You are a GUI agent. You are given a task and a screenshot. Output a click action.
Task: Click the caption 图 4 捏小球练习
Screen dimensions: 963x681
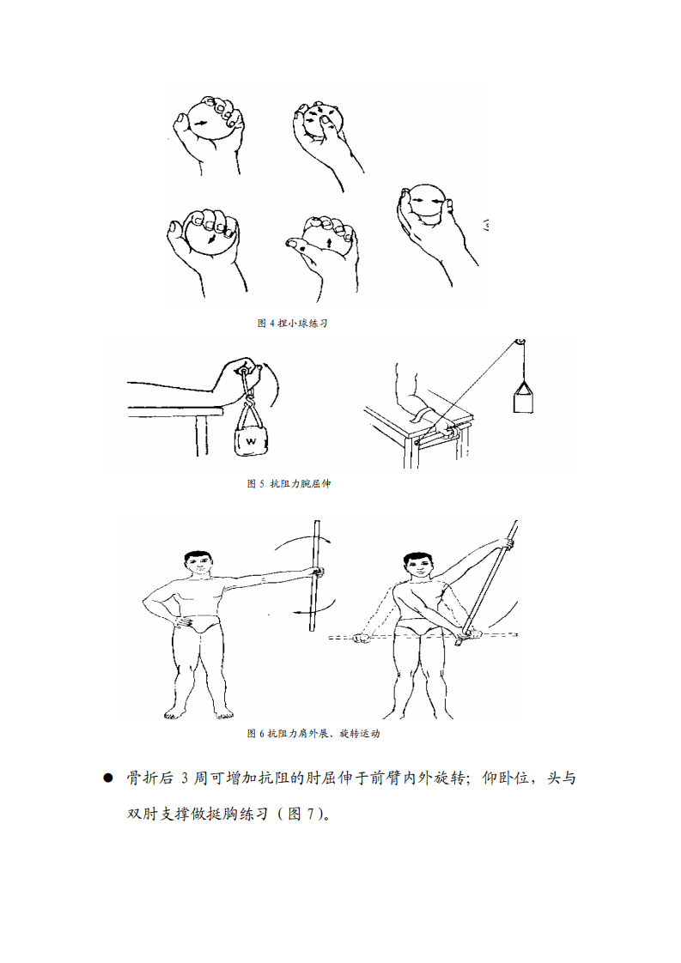(293, 323)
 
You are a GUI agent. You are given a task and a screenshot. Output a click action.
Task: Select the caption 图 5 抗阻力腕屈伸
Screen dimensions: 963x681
(288, 484)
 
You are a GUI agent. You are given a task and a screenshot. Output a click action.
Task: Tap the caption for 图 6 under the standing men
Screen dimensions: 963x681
(313, 734)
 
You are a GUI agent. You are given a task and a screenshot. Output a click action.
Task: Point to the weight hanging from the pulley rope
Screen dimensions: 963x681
(523, 399)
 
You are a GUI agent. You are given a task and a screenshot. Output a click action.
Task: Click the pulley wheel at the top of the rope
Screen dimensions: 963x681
(519, 344)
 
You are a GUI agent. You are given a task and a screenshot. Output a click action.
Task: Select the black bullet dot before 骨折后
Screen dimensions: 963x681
(108, 778)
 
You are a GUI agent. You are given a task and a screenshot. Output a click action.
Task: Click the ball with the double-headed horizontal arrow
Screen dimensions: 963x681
(427, 203)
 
